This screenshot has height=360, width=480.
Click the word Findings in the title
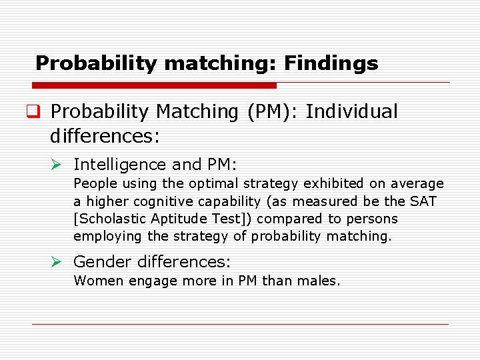(x=331, y=63)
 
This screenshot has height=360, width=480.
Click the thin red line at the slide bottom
(x=240, y=324)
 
